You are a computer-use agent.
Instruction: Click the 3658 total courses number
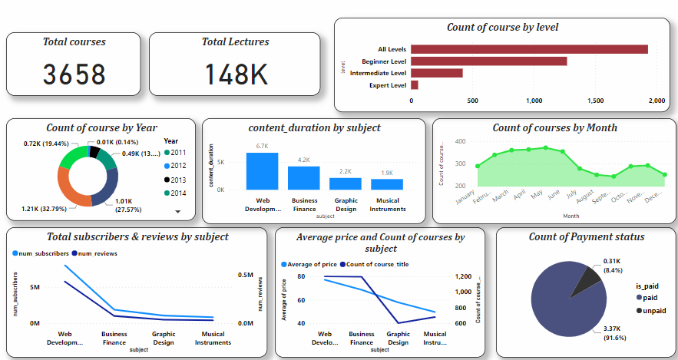click(x=74, y=74)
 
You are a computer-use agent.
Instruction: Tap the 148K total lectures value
click(x=236, y=74)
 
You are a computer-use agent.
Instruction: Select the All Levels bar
click(x=529, y=49)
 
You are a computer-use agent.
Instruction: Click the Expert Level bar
click(x=415, y=85)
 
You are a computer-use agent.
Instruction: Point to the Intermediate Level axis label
click(x=378, y=73)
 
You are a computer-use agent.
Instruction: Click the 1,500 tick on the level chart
click(x=595, y=101)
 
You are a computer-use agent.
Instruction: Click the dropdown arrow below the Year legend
click(x=178, y=210)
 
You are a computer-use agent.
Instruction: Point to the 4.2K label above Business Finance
click(x=303, y=160)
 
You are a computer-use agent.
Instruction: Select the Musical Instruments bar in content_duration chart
click(x=386, y=184)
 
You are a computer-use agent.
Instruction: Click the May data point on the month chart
click(x=545, y=147)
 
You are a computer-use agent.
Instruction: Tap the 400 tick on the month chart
click(x=460, y=141)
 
